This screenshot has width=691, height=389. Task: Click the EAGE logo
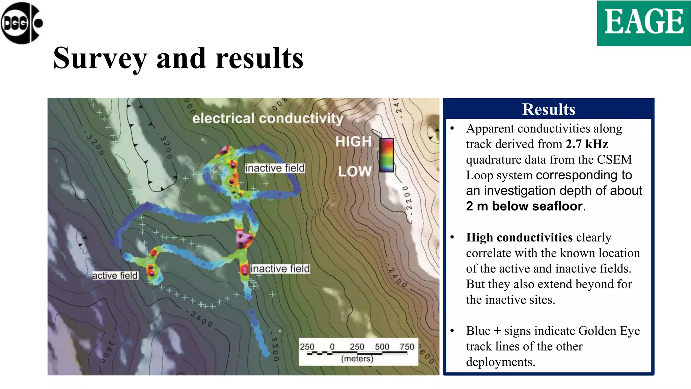644,23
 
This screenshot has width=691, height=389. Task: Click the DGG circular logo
22,23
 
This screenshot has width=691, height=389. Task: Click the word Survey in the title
100,58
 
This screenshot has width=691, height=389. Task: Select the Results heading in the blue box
549,109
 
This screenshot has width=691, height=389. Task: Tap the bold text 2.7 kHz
587,144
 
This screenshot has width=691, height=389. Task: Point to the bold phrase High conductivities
519,237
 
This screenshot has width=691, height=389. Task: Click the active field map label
115,276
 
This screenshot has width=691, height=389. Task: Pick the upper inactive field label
275,168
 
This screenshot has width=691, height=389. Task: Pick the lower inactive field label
280,269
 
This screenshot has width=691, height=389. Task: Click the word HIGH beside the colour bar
353,141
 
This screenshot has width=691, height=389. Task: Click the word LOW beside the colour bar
355,171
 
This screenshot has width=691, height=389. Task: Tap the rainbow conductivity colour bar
386,155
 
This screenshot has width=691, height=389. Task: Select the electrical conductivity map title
268,118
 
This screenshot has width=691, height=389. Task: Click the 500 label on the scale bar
382,347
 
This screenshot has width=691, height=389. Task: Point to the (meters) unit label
357,359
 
